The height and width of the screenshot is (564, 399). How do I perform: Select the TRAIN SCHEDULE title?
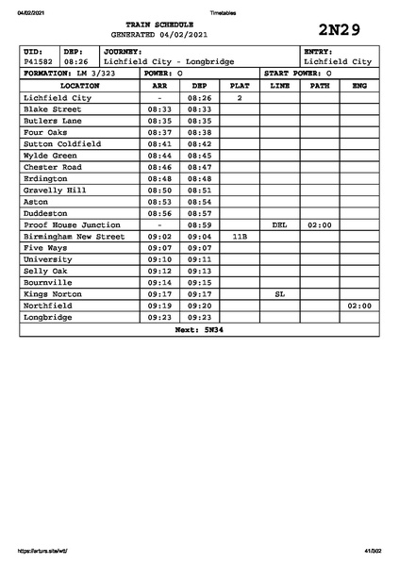tap(159, 25)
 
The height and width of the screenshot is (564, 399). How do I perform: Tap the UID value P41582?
tap(40, 61)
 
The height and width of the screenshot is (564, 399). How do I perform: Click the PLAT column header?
tap(240, 85)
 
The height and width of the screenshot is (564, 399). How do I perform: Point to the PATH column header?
tap(320, 85)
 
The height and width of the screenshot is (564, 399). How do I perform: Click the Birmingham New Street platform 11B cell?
tap(240, 237)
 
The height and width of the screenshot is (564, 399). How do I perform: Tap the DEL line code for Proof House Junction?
tap(279, 225)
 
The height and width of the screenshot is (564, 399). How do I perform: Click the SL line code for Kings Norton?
tap(279, 294)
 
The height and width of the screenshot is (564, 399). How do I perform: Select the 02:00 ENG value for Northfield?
tap(359, 306)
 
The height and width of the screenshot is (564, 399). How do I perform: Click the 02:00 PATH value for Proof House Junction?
tap(320, 225)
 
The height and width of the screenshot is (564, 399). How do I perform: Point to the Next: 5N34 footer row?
tap(199, 330)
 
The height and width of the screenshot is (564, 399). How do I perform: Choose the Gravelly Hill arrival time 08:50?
tap(159, 190)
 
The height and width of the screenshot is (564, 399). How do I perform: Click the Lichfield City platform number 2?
tap(240, 97)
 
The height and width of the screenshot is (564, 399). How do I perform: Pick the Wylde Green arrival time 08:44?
tap(159, 155)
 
